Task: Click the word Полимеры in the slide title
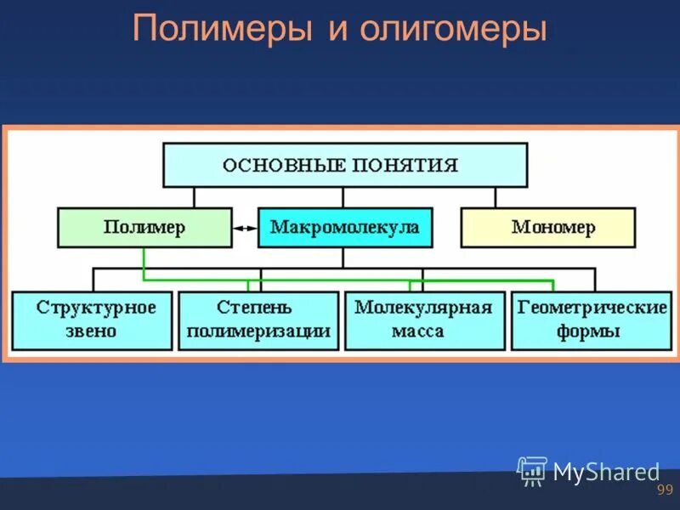tap(224, 31)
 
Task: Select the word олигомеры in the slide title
tap(452, 31)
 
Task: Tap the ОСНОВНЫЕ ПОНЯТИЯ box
tap(344, 165)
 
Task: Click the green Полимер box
tap(144, 228)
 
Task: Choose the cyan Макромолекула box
tap(344, 228)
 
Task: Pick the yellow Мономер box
tap(547, 228)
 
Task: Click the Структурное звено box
tap(92, 320)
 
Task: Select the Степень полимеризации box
tap(258, 320)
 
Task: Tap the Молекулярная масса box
tap(424, 320)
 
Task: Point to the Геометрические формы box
tap(591, 320)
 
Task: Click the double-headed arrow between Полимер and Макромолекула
tap(245, 228)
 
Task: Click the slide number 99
tap(665, 490)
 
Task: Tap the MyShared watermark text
tap(606, 472)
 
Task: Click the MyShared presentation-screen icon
tap(532, 471)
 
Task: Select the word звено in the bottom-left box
tap(92, 331)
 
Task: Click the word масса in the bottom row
tap(418, 331)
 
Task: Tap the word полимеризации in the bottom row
tap(258, 331)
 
